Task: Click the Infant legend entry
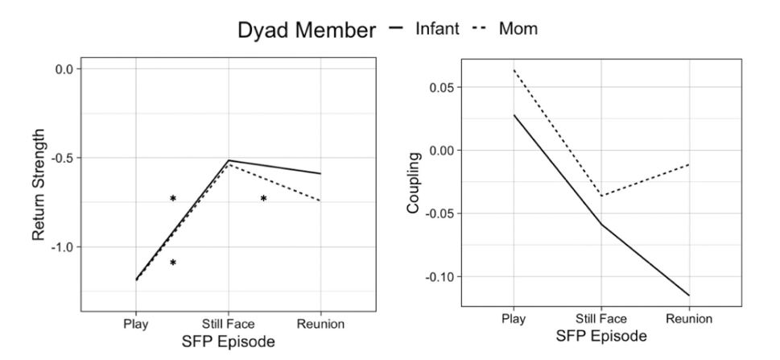[437, 29]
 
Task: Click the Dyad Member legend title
[306, 30]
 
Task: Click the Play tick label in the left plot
[135, 325]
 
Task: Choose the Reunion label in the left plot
[320, 325]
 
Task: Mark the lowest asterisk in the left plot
[172, 263]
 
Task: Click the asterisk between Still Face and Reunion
[263, 198]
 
